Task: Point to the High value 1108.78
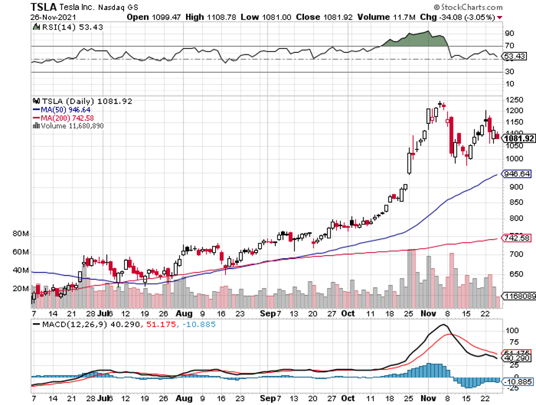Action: coord(217,17)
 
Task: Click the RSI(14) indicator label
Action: coord(62,28)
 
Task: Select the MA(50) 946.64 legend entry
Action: coord(67,110)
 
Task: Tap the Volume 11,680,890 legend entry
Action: coord(72,126)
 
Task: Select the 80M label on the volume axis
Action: coord(20,234)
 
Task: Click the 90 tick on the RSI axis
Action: coord(509,33)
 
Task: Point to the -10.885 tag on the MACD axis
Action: coord(519,382)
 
